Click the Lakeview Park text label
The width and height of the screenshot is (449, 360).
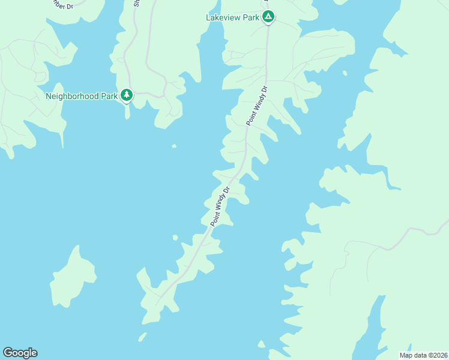point(233,17)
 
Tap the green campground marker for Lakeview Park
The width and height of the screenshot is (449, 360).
point(268,17)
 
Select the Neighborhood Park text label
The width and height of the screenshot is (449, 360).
point(82,95)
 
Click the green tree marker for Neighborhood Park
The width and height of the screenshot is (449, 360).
point(126,95)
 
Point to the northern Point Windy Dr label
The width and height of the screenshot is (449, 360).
point(256,106)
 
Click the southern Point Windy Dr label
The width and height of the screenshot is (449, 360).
point(220,206)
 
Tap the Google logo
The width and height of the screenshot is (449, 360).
point(20,353)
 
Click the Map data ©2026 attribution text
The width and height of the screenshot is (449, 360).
point(423,355)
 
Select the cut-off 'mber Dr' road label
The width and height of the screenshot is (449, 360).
point(62,6)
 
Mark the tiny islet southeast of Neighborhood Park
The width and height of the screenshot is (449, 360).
point(174,145)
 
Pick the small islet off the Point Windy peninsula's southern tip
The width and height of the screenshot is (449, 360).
point(142,337)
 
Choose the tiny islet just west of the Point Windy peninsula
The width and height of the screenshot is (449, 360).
point(175,238)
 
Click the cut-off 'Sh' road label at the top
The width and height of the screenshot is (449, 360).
point(137,3)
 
